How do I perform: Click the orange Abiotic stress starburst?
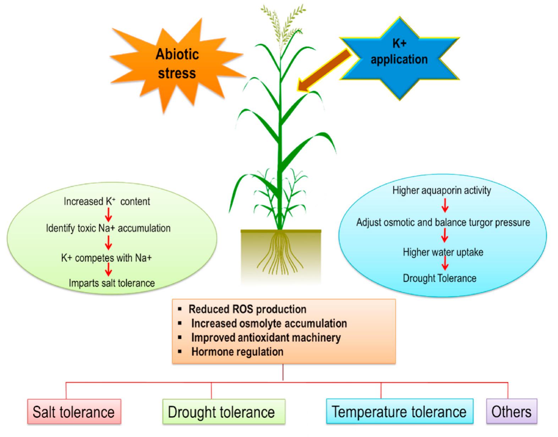[176, 64]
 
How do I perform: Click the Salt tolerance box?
[74, 412]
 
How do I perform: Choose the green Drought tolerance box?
[223, 412]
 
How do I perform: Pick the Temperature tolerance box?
[399, 411]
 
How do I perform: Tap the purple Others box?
[511, 411]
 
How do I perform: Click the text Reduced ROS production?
[247, 309]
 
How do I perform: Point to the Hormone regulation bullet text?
[237, 352]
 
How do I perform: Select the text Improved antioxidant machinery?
[266, 338]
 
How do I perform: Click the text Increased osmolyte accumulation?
[269, 323]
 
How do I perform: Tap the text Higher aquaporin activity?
[442, 190]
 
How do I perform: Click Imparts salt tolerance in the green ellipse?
[112, 283]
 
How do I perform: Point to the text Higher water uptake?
[443, 252]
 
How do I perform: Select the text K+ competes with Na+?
[106, 258]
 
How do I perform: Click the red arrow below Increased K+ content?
[109, 214]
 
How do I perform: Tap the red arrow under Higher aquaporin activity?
[444, 205]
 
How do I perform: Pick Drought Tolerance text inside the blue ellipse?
[439, 278]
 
